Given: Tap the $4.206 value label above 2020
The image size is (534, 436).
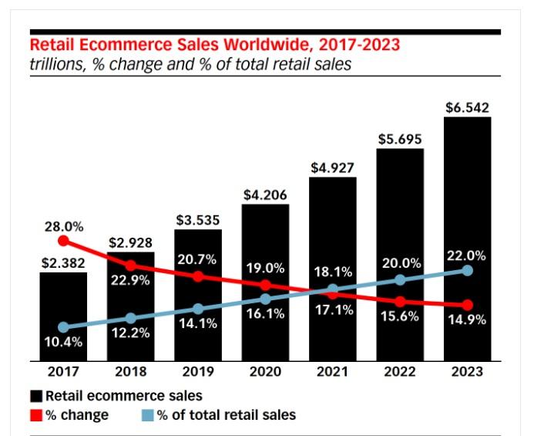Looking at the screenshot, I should [265, 194].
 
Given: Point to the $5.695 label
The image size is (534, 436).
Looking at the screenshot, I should [400, 139].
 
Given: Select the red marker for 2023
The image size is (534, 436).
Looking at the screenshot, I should [467, 306].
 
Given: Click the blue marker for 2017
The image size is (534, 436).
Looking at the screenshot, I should [63, 327].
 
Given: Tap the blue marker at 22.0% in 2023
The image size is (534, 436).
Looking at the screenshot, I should [467, 271].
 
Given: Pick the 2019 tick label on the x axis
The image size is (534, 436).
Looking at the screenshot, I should [198, 371].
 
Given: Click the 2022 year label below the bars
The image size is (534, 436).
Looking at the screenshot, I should [400, 371].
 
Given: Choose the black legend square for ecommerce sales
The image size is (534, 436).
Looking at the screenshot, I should [35, 396].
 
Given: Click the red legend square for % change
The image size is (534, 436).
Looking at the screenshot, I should [35, 415].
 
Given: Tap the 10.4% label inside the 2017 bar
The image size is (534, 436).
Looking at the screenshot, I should [63, 342].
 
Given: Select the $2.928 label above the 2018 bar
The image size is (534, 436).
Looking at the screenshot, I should [131, 242].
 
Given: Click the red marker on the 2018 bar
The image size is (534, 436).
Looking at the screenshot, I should [131, 265].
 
